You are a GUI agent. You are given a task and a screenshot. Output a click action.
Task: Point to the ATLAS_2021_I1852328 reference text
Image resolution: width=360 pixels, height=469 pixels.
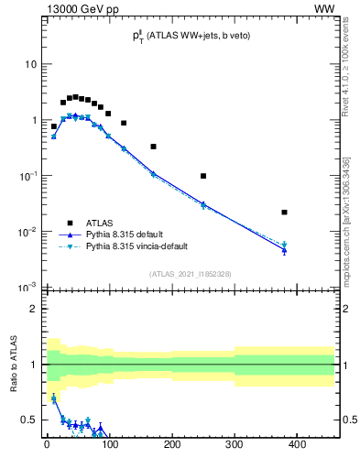pyautogui.click(x=190, y=274)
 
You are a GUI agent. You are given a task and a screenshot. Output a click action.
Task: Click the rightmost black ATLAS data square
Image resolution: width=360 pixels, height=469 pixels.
pyautogui.click(x=284, y=212)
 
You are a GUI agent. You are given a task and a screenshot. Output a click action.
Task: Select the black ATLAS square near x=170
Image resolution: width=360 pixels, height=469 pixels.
pyautogui.click(x=153, y=147)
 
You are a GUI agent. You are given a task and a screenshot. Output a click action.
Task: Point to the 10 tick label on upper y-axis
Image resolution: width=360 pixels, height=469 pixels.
pyautogui.click(x=30, y=65)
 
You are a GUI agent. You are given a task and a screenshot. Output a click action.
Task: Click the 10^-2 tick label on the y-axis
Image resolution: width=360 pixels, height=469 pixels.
pyautogui.click(x=27, y=232)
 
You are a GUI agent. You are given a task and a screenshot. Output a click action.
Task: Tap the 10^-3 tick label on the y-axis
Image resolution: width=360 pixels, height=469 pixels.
pyautogui.click(x=27, y=288)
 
